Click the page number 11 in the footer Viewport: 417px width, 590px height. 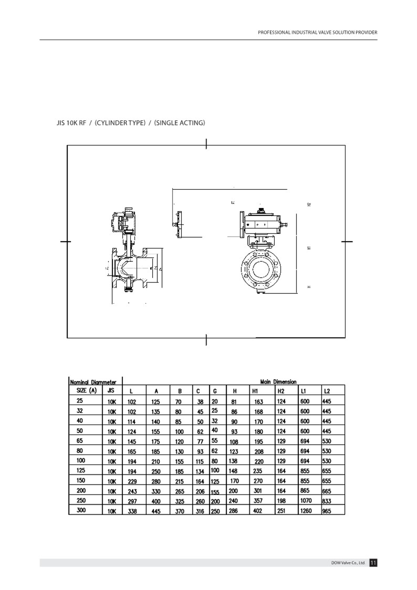[373, 563]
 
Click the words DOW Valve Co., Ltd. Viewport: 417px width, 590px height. [348, 563]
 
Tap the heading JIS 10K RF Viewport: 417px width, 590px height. [71, 123]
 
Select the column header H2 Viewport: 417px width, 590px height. [281, 391]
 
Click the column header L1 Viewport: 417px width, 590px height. [303, 391]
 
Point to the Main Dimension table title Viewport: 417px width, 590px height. [278, 381]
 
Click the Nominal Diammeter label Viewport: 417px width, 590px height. [93, 381]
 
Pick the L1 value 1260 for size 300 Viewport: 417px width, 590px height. [306, 511]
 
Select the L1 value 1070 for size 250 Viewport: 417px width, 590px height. [306, 500]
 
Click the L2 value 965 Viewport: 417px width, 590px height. [327, 511]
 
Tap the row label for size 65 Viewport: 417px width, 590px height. [80, 440]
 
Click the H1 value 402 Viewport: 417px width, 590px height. [258, 511]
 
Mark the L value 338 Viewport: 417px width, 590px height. [132, 511]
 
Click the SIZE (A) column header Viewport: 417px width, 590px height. [87, 391]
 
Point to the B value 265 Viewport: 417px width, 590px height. [180, 492]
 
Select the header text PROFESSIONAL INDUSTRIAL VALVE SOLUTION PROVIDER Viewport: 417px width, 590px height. [317, 32]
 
